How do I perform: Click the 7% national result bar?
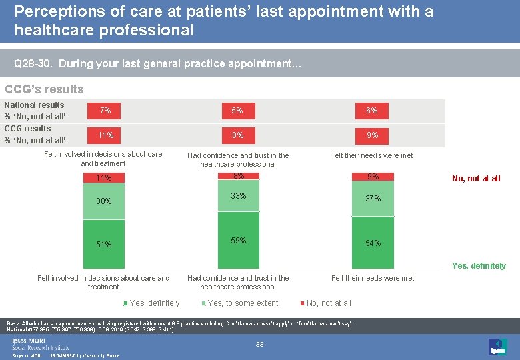click(x=105, y=111)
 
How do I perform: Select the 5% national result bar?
click(x=237, y=111)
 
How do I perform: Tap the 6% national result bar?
click(x=372, y=111)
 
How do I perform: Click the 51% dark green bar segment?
click(x=104, y=244)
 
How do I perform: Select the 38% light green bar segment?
click(x=104, y=201)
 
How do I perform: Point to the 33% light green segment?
click(x=238, y=196)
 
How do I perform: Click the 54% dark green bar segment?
click(x=372, y=243)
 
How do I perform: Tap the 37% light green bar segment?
click(x=372, y=198)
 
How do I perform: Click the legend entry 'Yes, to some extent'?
click(x=242, y=303)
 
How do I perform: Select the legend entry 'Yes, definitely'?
click(x=153, y=303)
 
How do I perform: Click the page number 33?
click(x=260, y=344)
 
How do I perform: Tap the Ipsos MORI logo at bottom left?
click(x=39, y=343)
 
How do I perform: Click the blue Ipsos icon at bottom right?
click(x=497, y=347)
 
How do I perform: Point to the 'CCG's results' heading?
click(x=45, y=89)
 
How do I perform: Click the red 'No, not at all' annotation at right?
click(x=476, y=178)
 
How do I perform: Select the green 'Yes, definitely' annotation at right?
click(x=479, y=265)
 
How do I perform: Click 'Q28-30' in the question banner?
click(x=33, y=65)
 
